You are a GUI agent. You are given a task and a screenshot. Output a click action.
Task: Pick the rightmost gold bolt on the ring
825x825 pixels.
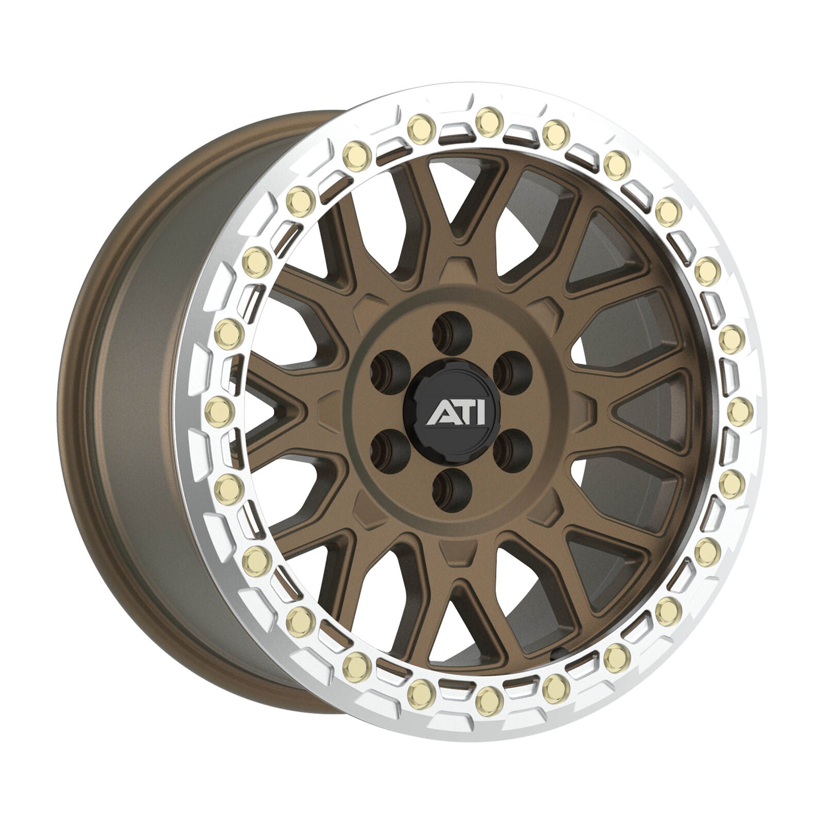click(740, 408)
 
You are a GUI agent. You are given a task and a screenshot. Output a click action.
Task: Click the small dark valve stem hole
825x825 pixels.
click(556, 656)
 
